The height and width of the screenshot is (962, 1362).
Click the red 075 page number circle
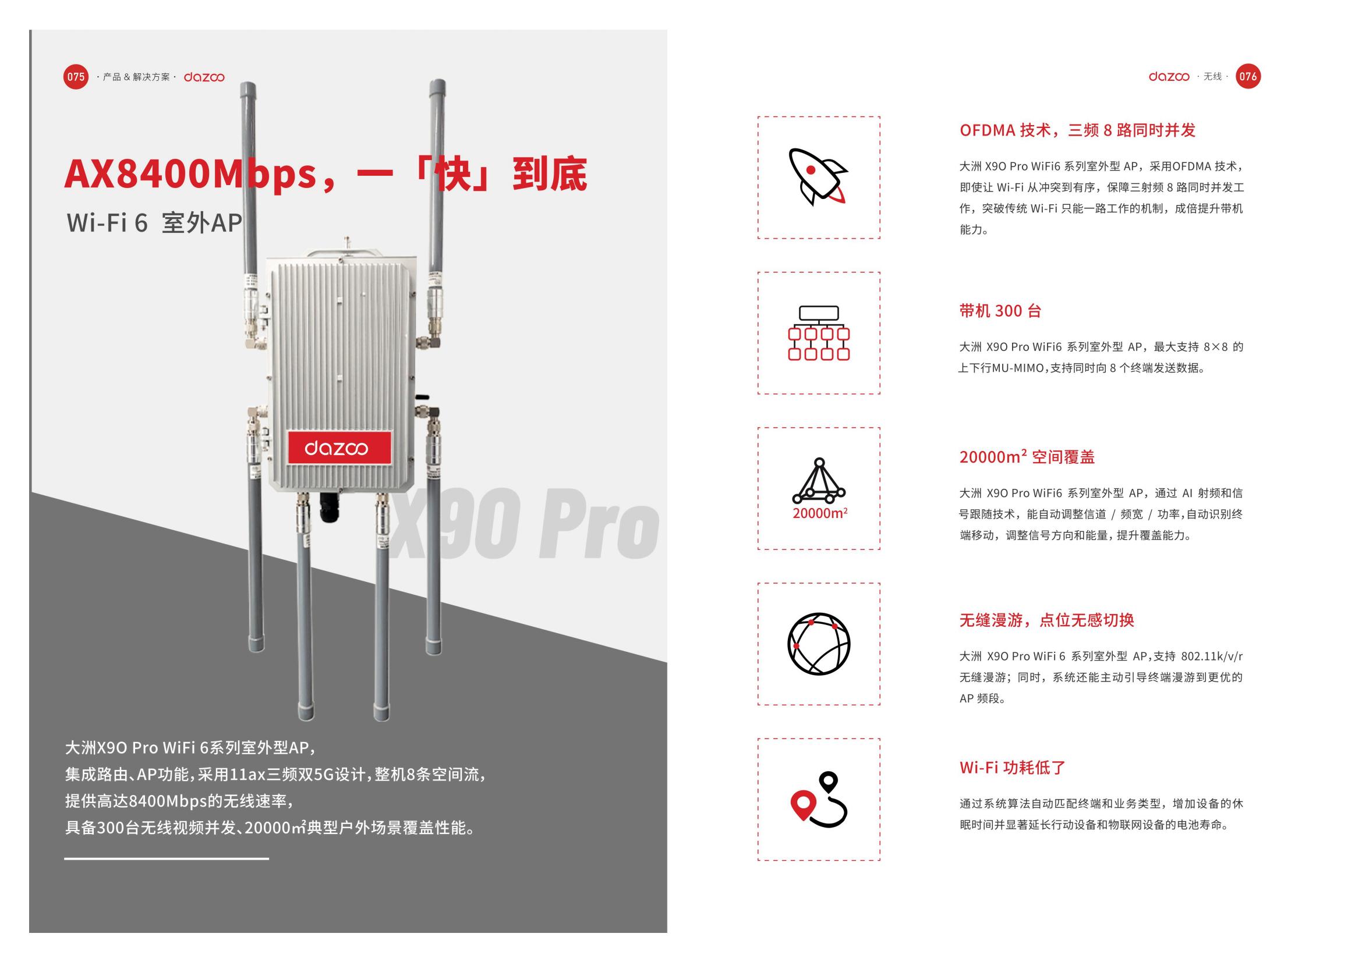(75, 76)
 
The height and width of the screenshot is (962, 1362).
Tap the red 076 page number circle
(1247, 76)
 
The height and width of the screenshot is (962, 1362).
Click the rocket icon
(818, 178)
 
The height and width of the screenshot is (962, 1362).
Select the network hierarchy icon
(819, 333)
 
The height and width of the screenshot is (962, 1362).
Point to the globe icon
(819, 644)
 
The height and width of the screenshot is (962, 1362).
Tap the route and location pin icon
(819, 800)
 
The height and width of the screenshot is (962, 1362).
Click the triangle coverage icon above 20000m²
(819, 480)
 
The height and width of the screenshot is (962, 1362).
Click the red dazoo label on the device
(339, 448)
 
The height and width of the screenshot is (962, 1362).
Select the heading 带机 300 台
(1000, 311)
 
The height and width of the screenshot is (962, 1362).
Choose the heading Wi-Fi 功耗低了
(1013, 768)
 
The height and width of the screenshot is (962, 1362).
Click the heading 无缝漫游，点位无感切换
(1047, 620)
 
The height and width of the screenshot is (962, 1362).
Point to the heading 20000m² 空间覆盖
(1027, 456)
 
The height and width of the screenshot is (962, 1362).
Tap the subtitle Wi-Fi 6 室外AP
(154, 223)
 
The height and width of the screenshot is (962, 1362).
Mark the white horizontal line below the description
(167, 858)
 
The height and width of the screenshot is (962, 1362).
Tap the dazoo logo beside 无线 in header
(1169, 76)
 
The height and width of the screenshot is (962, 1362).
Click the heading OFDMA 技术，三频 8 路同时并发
(1077, 130)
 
